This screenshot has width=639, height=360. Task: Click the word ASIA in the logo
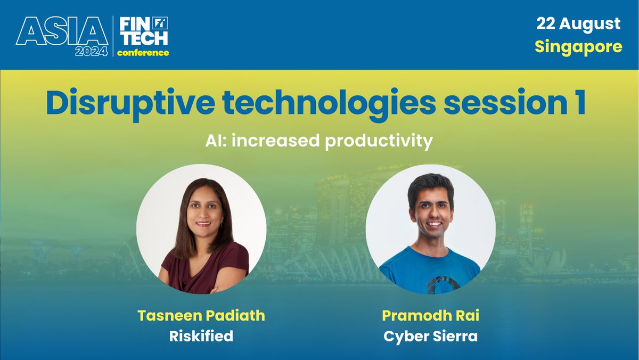pyautogui.click(x=62, y=32)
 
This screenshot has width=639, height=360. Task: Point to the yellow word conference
pyautogui.click(x=143, y=52)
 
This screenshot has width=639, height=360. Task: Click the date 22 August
pyautogui.click(x=578, y=24)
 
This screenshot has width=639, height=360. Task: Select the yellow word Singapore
pyautogui.click(x=578, y=47)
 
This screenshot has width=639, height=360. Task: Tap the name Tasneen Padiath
pyautogui.click(x=201, y=315)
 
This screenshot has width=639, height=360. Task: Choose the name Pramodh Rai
pyautogui.click(x=430, y=315)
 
